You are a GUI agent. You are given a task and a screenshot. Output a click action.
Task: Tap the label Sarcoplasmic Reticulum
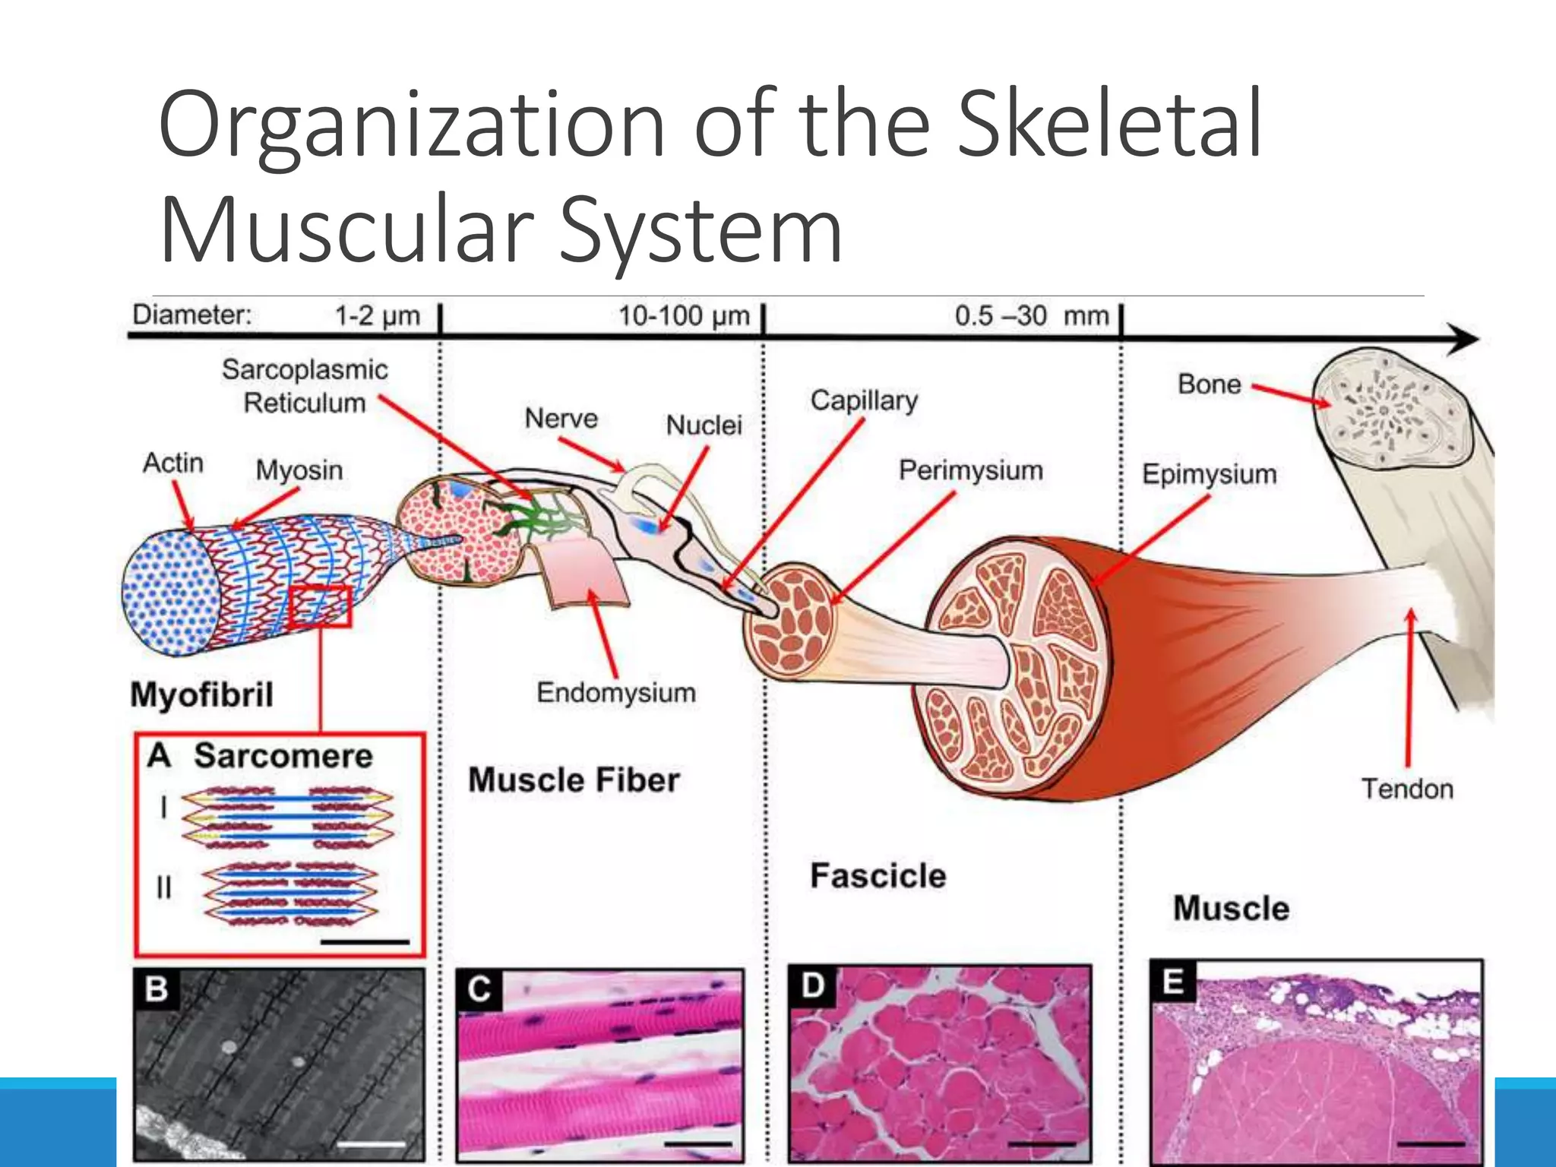pos(305,386)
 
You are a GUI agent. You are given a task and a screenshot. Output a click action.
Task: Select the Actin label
pos(173,463)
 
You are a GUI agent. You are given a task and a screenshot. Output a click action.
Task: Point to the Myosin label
pos(299,470)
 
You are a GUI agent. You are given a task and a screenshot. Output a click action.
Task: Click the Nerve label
pos(561,418)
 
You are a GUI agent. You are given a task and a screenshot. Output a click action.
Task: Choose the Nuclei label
pos(704,425)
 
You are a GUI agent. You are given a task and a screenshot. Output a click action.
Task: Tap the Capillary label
pos(864,400)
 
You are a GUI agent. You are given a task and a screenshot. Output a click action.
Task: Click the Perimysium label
pos(970,470)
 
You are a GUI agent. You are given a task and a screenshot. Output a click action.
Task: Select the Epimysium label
pos(1209,474)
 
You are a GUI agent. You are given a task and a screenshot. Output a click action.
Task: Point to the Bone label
pos(1209,384)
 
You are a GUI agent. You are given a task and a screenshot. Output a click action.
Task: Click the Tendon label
pos(1407,789)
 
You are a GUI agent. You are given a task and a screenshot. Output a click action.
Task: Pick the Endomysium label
pos(616,692)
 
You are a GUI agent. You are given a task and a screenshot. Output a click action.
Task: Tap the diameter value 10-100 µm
pos(683,315)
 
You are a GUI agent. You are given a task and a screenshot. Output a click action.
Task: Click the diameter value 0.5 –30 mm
pos(1031,315)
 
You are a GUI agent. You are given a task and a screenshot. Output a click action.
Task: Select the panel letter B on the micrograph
pos(157,989)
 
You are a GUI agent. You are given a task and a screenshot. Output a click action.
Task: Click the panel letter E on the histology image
pos(1172,982)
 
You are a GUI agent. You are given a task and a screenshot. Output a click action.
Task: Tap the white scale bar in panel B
pos(372,1143)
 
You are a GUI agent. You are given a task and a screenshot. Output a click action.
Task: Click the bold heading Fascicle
pos(878,875)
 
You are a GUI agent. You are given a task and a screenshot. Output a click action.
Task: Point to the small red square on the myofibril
pos(320,606)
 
